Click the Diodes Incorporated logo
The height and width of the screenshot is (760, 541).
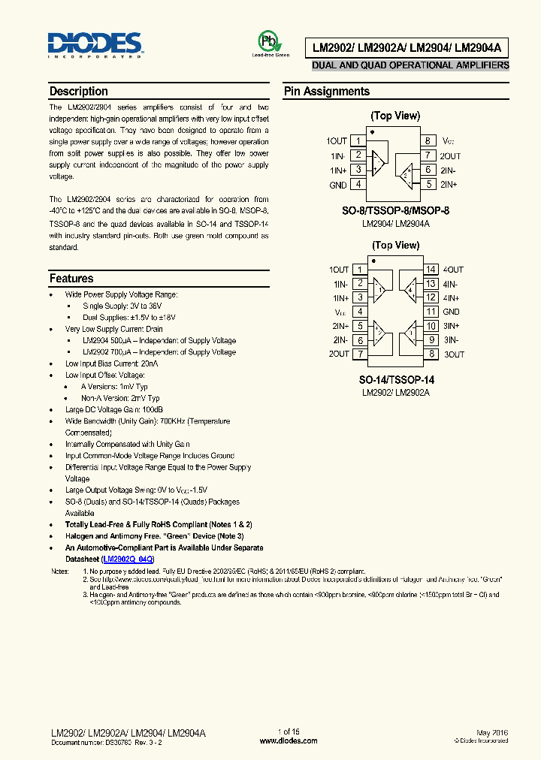[95, 45]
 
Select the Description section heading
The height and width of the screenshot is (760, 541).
[79, 92]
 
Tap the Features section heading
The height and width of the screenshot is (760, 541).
[71, 279]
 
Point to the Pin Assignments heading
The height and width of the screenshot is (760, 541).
[326, 92]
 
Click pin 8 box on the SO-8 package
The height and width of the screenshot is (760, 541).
[427, 141]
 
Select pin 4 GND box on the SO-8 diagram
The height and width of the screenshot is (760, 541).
[359, 184]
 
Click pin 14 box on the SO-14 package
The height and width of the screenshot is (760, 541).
[431, 270]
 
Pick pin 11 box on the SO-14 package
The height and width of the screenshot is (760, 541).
[431, 312]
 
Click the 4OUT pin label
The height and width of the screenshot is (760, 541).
[453, 270]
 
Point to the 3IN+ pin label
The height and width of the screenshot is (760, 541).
[451, 326]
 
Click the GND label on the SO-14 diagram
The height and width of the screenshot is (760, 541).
[451, 312]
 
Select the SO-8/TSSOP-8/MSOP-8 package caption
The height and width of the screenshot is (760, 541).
[395, 211]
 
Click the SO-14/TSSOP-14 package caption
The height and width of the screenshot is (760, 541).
[395, 380]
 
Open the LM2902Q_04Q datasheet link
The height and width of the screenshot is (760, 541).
[128, 559]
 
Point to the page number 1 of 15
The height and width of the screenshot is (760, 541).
[289, 731]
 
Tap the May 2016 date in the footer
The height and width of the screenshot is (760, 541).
[492, 731]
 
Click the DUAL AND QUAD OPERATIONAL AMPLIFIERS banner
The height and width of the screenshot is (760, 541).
[410, 65]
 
